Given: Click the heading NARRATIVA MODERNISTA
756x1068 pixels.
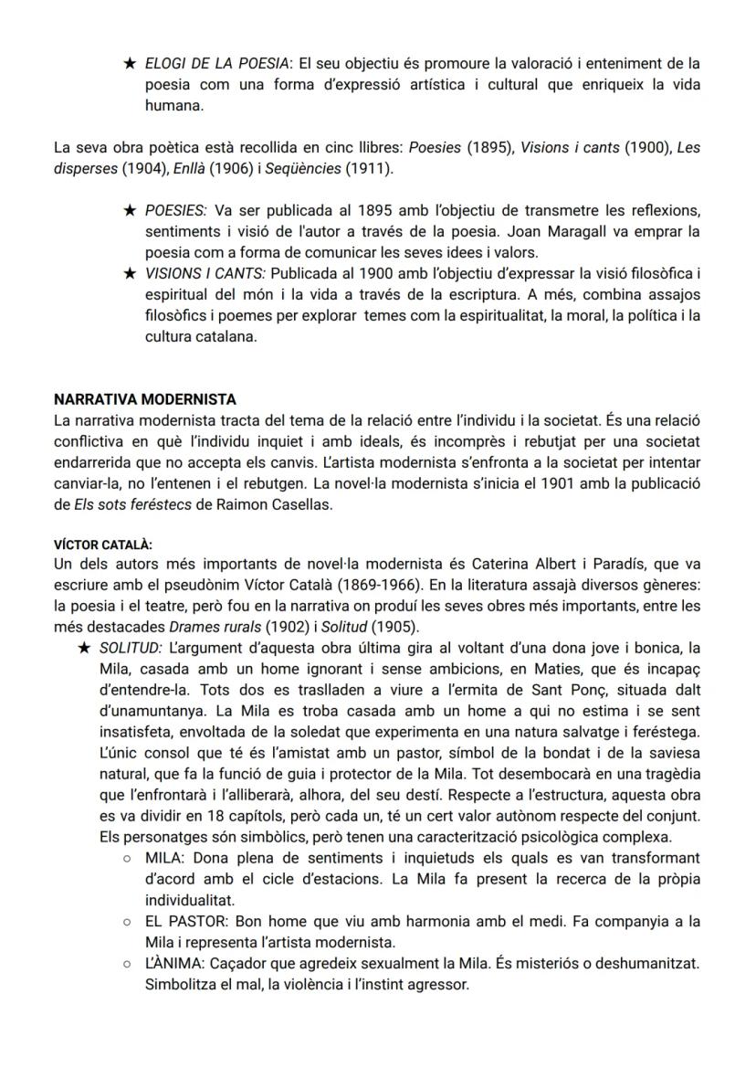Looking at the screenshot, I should tap(144, 399).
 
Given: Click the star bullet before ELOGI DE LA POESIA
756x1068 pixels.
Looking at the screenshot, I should tap(130, 64).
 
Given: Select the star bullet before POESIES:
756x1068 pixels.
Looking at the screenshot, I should tap(130, 211).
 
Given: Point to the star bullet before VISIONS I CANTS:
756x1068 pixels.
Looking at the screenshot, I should tap(130, 273).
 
